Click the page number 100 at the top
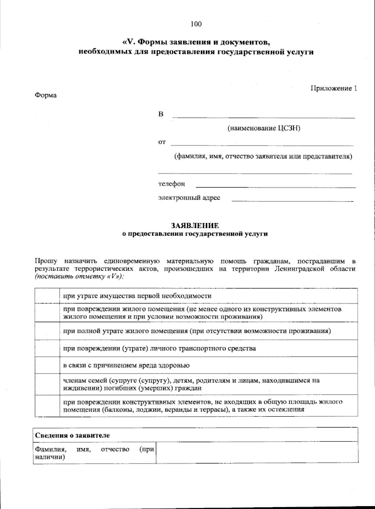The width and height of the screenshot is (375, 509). click(x=196, y=24)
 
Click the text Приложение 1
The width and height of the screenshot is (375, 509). click(x=333, y=88)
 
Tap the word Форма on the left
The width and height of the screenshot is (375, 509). click(x=46, y=95)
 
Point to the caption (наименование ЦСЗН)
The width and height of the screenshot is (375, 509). click(x=264, y=128)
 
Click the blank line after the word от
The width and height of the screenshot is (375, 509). click(x=262, y=143)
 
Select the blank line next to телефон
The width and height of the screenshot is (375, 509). click(x=275, y=185)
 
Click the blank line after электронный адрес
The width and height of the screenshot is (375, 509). click(x=292, y=199)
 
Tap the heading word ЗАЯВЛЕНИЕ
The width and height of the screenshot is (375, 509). click(x=195, y=226)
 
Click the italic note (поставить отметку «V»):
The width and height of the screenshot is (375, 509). click(x=79, y=276)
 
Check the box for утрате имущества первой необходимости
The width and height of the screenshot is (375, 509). click(x=47, y=296)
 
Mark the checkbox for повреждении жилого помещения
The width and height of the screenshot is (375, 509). click(x=47, y=313)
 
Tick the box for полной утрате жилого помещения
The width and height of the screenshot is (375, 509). click(x=47, y=331)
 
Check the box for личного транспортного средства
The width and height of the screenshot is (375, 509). click(x=47, y=348)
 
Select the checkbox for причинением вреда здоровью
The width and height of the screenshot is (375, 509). click(x=47, y=365)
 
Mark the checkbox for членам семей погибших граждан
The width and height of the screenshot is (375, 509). click(x=47, y=384)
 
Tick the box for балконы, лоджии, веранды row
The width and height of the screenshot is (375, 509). click(x=47, y=406)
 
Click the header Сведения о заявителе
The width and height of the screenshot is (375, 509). click(x=72, y=435)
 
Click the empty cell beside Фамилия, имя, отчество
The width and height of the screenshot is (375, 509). click(x=257, y=452)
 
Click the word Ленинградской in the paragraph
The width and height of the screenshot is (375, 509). click(x=300, y=269)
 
